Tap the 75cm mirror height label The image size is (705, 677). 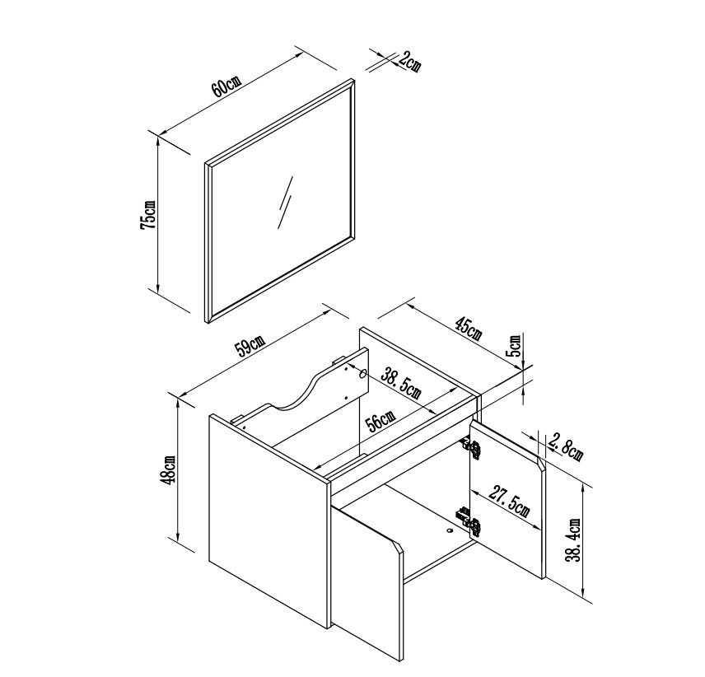[148, 214]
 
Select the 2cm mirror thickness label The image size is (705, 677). [409, 61]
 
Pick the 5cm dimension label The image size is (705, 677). [515, 345]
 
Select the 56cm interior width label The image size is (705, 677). [379, 421]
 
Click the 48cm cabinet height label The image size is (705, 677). [169, 469]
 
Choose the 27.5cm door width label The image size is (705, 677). [509, 502]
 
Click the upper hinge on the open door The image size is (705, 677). [471, 448]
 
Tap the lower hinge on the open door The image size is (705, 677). [469, 521]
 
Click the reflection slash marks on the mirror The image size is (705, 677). [285, 202]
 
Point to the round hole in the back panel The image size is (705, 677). [362, 372]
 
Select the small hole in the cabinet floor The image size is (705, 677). [449, 530]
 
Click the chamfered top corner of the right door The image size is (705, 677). [541, 464]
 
